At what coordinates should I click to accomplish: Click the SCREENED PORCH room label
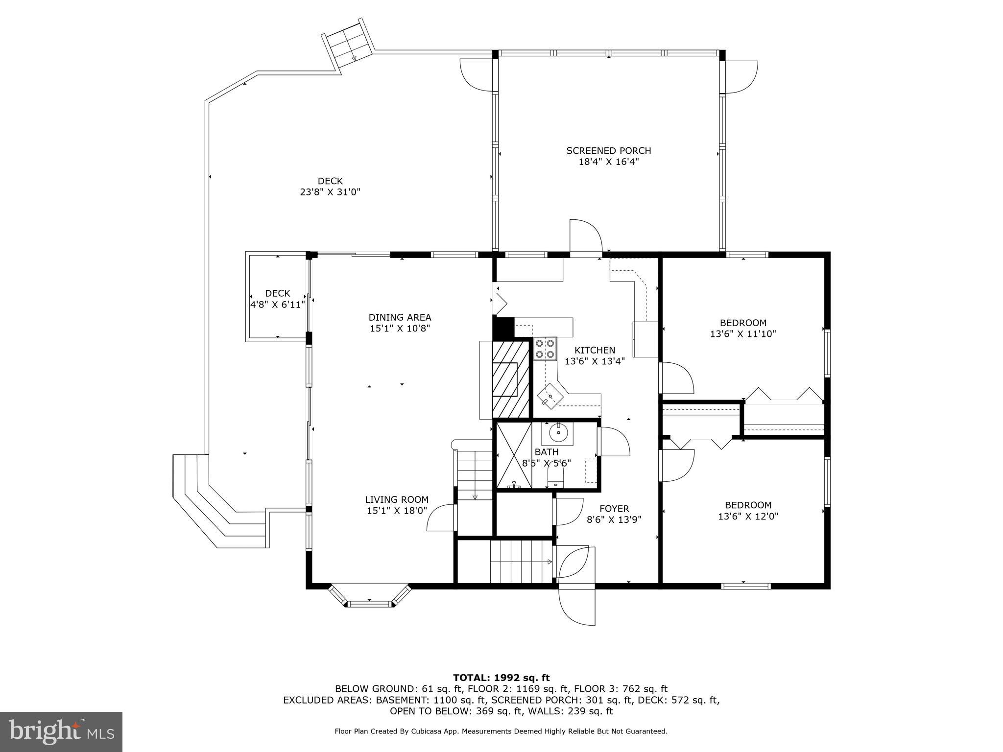pos(609,151)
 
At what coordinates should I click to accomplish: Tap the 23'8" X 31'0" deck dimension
pos(330,192)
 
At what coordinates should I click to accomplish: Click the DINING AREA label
pos(400,317)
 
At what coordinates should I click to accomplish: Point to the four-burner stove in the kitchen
pos(545,348)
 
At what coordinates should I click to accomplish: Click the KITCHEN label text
pos(595,350)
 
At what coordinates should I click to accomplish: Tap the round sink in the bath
pos(558,433)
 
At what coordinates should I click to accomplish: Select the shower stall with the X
pos(514,455)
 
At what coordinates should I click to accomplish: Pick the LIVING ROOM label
pos(397,499)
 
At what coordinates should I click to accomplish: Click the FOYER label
pos(614,509)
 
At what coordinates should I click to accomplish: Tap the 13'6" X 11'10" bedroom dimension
pos(743,334)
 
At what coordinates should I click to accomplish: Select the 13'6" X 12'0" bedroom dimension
pos(748,516)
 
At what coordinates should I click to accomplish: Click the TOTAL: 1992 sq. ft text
pos(501,678)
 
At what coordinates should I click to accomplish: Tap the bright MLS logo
pos(61,732)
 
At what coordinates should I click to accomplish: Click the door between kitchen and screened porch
pos(585,240)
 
